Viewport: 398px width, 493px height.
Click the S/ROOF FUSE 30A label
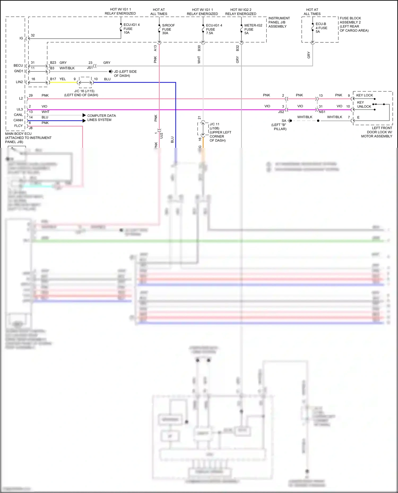(x=168, y=29)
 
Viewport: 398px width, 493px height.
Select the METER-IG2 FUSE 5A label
(x=253, y=29)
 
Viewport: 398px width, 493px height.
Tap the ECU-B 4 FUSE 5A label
(x=321, y=28)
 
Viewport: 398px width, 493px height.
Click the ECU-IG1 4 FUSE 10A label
(x=131, y=28)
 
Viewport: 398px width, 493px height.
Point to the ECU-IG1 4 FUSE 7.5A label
(x=214, y=29)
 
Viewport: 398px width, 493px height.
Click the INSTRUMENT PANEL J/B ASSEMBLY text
(x=279, y=22)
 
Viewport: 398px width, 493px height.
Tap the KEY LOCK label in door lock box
(x=364, y=95)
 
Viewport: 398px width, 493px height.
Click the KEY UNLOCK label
(x=364, y=104)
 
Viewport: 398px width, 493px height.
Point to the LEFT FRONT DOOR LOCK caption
(x=377, y=132)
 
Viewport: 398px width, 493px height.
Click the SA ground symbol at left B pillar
(x=290, y=121)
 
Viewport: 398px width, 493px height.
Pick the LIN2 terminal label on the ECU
(x=19, y=82)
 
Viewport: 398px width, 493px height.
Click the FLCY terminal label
(x=18, y=126)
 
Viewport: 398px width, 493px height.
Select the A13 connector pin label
(x=155, y=48)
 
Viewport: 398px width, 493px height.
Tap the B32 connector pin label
(x=237, y=48)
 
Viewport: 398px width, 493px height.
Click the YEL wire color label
(x=63, y=79)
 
